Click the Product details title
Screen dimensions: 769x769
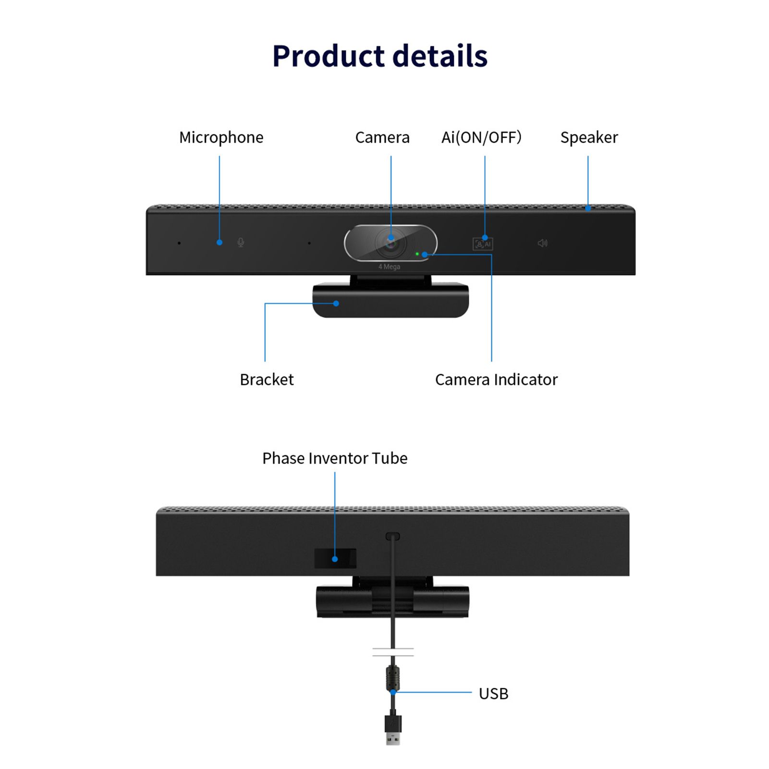point(380,56)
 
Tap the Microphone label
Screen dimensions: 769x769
point(221,137)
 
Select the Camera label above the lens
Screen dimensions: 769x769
point(382,137)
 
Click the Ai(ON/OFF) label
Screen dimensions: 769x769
point(481,137)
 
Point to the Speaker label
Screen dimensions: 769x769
point(589,138)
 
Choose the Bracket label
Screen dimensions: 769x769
point(267,379)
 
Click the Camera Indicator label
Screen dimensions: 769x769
point(496,379)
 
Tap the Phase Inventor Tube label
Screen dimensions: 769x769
point(335,458)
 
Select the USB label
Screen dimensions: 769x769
point(493,694)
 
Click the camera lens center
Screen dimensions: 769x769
point(391,243)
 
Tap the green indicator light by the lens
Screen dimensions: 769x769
point(417,254)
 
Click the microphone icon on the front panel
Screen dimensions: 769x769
point(241,243)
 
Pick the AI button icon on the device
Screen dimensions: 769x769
point(483,244)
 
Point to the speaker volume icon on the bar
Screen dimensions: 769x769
point(542,243)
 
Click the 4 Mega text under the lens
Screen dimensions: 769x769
point(389,267)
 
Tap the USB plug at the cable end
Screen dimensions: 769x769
point(393,729)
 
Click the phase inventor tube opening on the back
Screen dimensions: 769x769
point(335,558)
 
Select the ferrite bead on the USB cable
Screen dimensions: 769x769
point(393,678)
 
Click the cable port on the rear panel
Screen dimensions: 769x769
point(392,536)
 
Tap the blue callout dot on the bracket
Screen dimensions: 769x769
point(336,304)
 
